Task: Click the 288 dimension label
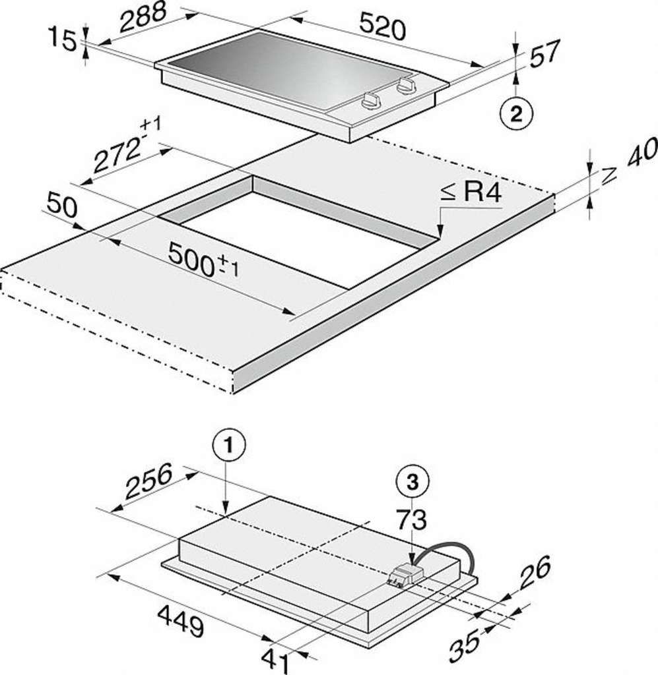tap(143, 18)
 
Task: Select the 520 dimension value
tap(382, 26)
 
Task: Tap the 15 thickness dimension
tap(62, 38)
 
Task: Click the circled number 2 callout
tap(516, 114)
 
